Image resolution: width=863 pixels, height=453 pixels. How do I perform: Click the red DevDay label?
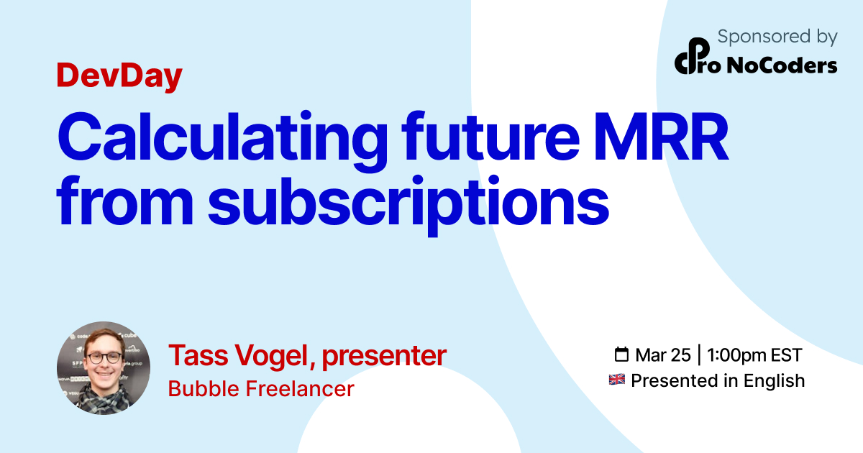(119, 76)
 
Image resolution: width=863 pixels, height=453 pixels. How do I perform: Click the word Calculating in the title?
(222, 141)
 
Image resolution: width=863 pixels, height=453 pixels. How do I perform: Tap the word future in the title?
(490, 136)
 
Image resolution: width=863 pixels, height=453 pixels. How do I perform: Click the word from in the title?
(125, 200)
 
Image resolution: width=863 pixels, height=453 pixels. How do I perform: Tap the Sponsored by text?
(777, 37)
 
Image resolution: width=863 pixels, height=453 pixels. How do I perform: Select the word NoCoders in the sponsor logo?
(782, 65)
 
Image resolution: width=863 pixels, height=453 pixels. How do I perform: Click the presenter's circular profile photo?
(104, 368)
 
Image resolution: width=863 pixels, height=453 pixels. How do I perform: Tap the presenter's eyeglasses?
(104, 358)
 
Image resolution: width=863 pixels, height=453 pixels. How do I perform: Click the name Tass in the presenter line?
(198, 355)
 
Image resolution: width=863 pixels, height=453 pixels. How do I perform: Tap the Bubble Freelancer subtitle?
(261, 389)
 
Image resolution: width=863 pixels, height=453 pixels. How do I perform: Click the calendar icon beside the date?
(621, 354)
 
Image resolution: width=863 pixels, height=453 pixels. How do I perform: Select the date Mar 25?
(663, 355)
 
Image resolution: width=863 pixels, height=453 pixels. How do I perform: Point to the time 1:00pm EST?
(754, 355)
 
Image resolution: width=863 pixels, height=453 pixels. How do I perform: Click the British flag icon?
(617, 380)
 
